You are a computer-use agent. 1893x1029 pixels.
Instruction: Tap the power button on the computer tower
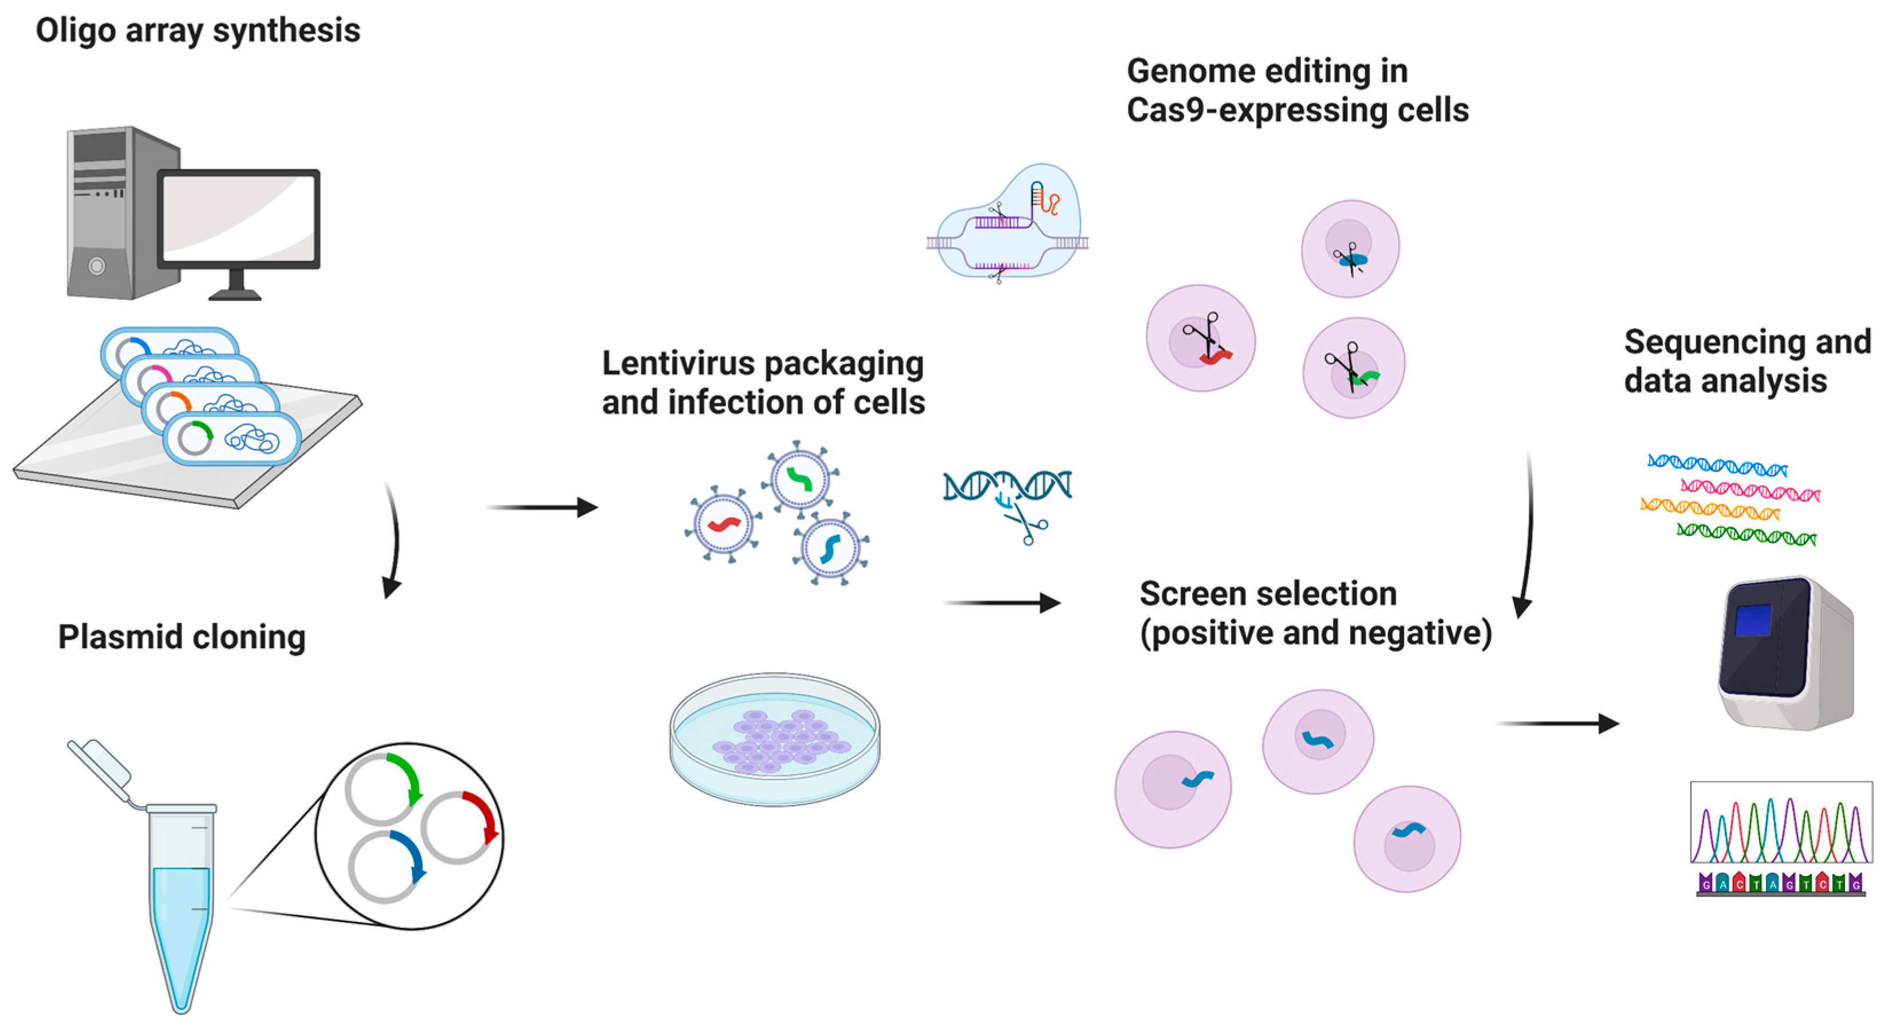(96, 266)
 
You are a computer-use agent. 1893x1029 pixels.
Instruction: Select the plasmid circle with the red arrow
(460, 827)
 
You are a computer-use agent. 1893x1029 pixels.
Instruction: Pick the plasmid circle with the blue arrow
(386, 868)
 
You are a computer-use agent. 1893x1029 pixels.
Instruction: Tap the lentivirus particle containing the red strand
(724, 524)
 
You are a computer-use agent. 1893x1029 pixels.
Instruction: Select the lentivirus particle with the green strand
(799, 479)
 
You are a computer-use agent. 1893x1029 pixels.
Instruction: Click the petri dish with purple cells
(775, 739)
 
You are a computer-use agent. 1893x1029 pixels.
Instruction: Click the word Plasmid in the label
(109, 637)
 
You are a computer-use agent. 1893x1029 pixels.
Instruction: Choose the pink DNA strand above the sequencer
(1750, 490)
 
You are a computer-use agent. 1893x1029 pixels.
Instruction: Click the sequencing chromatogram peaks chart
(1781, 823)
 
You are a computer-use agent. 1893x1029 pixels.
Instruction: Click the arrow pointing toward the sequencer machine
(1558, 724)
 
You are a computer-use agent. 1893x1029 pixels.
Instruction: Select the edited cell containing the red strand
(1201, 338)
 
